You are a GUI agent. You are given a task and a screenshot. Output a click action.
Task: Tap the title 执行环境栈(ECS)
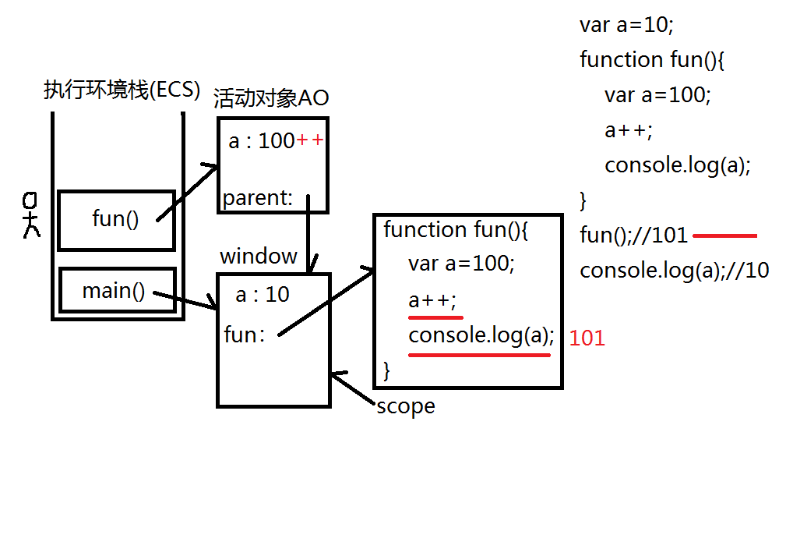pos(122,90)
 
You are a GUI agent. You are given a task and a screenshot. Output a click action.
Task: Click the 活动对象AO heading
pos(271,97)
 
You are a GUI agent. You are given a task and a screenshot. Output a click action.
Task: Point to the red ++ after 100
pos(309,140)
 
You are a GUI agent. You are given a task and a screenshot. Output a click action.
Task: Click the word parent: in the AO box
pos(257,198)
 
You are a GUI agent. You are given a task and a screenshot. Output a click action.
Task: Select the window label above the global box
pos(259,257)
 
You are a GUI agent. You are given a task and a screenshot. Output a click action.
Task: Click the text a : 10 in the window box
pos(263,294)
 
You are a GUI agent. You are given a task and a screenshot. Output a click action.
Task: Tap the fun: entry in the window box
pos(245,335)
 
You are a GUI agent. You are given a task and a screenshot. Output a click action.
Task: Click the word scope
pos(406,406)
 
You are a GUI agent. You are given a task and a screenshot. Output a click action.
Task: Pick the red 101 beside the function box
pos(587,338)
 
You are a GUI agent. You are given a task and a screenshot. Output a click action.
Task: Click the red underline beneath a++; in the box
pos(435,317)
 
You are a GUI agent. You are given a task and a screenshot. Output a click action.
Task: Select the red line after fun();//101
pos(724,236)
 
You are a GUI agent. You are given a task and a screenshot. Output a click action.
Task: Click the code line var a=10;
pos(626,25)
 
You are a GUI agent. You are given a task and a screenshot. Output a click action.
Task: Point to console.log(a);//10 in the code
pos(674,271)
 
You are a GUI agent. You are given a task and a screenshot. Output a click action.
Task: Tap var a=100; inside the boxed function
pos(461,264)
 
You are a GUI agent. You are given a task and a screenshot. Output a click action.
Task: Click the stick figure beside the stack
pos(31,214)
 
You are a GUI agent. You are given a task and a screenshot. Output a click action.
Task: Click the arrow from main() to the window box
pos(185,300)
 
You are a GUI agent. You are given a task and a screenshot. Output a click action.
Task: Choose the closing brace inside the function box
pos(387,370)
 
